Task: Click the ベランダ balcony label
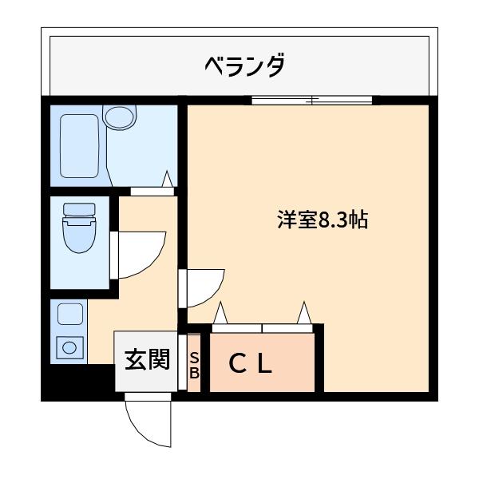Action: tap(244, 65)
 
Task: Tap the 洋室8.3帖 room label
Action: tap(322, 221)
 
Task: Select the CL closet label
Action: tap(251, 365)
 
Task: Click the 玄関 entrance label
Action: tap(147, 360)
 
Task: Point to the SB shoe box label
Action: tap(194, 366)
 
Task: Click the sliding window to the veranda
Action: tap(312, 101)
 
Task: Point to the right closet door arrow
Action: tap(304, 312)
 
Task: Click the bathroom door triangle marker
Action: tap(168, 180)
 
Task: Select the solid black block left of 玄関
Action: tap(77, 382)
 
